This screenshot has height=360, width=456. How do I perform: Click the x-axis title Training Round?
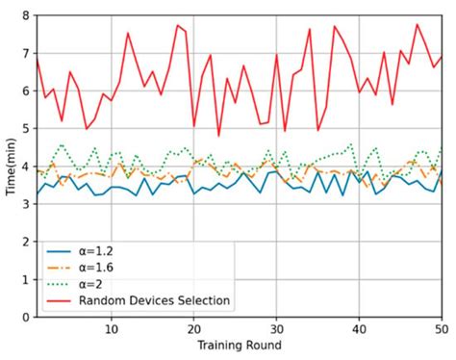pos(240,345)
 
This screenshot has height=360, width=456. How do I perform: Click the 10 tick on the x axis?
pos(111,327)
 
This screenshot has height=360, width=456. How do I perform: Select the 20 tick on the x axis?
pos(193,327)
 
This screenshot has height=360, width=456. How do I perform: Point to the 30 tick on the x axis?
pos(276,327)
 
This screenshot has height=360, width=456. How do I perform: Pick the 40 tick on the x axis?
pos(359,327)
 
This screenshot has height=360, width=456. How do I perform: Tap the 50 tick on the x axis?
pos(440,327)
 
